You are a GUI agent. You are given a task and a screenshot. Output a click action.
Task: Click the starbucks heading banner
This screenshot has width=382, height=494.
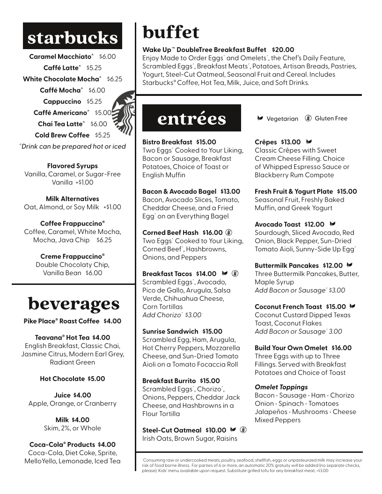coord(73,36)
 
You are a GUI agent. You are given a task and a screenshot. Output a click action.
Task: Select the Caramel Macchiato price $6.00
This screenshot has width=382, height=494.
coord(107,57)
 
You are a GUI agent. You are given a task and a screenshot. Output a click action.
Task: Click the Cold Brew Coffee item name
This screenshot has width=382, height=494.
coord(62,135)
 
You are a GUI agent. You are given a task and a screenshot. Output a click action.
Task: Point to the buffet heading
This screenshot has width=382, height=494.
coord(170,32)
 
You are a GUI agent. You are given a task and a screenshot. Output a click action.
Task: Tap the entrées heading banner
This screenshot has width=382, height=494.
coord(191,118)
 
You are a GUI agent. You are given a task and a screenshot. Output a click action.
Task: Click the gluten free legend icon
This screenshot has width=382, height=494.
coord(308,118)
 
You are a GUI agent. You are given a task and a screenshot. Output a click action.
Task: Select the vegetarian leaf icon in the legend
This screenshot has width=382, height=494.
coord(260,119)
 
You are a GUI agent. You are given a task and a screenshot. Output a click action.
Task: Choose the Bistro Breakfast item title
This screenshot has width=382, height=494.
coord(167,142)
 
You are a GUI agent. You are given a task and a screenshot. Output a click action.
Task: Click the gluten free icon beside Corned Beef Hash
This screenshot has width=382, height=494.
coord(229,232)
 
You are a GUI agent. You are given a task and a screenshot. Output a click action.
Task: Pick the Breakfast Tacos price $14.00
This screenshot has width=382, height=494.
coord(206,274)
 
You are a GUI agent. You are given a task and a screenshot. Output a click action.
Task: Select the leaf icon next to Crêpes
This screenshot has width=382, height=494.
coord(309,142)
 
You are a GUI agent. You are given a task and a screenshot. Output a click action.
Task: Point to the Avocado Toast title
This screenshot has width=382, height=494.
coord(277,225)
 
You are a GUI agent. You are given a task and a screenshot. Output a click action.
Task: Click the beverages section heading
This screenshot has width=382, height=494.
coord(73,304)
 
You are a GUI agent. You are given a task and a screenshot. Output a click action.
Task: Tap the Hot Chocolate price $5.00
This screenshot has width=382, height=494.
coord(96,379)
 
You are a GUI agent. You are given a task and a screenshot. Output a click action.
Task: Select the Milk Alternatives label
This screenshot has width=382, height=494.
coord(73,199)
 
